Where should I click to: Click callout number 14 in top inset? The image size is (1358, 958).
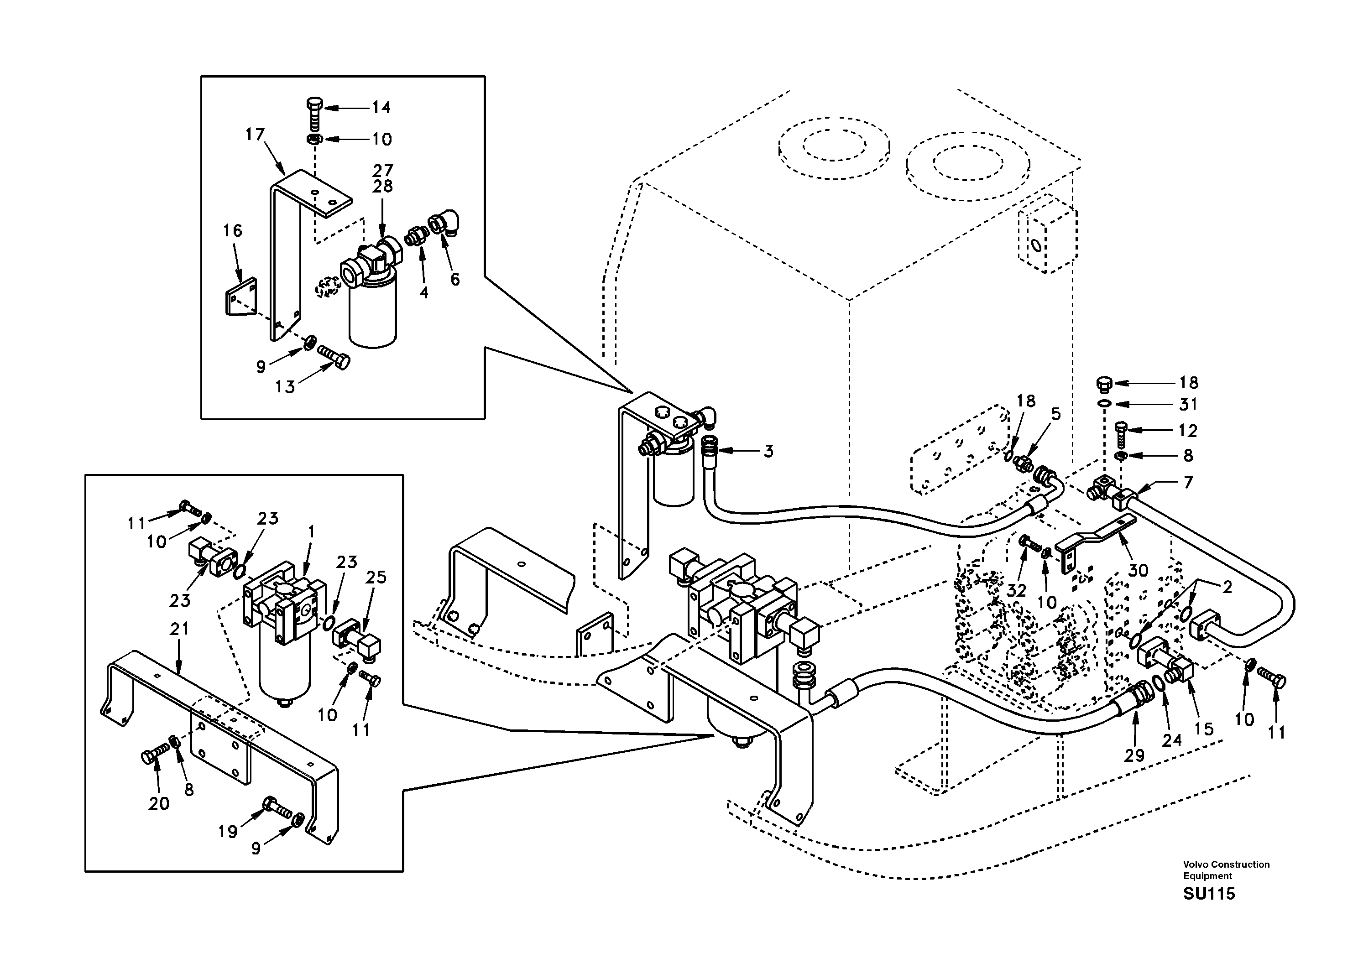tap(381, 107)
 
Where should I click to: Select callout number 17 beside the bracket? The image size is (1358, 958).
tap(255, 135)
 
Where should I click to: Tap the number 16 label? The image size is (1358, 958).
tap(232, 231)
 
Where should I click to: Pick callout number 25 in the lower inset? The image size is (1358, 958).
tap(376, 577)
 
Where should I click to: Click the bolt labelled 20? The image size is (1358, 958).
tap(151, 756)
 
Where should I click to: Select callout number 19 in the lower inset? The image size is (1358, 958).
tap(227, 832)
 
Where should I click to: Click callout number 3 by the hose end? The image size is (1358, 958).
tap(768, 451)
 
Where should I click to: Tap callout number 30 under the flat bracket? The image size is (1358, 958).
tap(1138, 570)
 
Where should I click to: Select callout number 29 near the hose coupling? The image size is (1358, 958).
tap(1134, 755)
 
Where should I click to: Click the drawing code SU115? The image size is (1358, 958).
tap(1208, 894)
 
